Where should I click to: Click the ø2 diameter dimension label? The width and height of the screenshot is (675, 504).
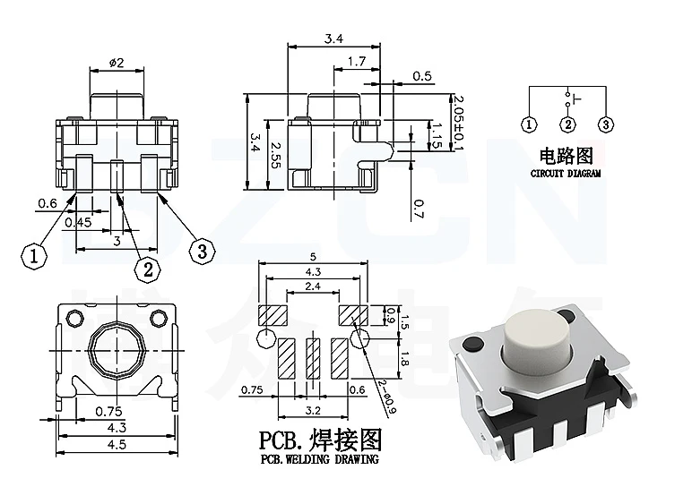point(117,62)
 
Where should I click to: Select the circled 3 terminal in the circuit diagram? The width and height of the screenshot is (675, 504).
point(606,124)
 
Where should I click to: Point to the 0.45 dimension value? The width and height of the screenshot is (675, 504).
point(79,222)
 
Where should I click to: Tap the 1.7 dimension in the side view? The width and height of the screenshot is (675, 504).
point(356,62)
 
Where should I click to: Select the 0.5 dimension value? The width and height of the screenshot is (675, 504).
point(421,76)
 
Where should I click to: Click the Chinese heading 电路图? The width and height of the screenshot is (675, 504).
point(566,155)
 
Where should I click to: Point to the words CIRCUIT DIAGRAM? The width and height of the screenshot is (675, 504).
point(566,173)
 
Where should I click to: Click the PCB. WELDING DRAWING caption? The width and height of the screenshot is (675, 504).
point(319,459)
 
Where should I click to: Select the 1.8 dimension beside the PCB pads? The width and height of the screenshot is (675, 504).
point(403,360)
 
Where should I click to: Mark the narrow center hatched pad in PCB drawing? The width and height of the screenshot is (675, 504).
point(312,359)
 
